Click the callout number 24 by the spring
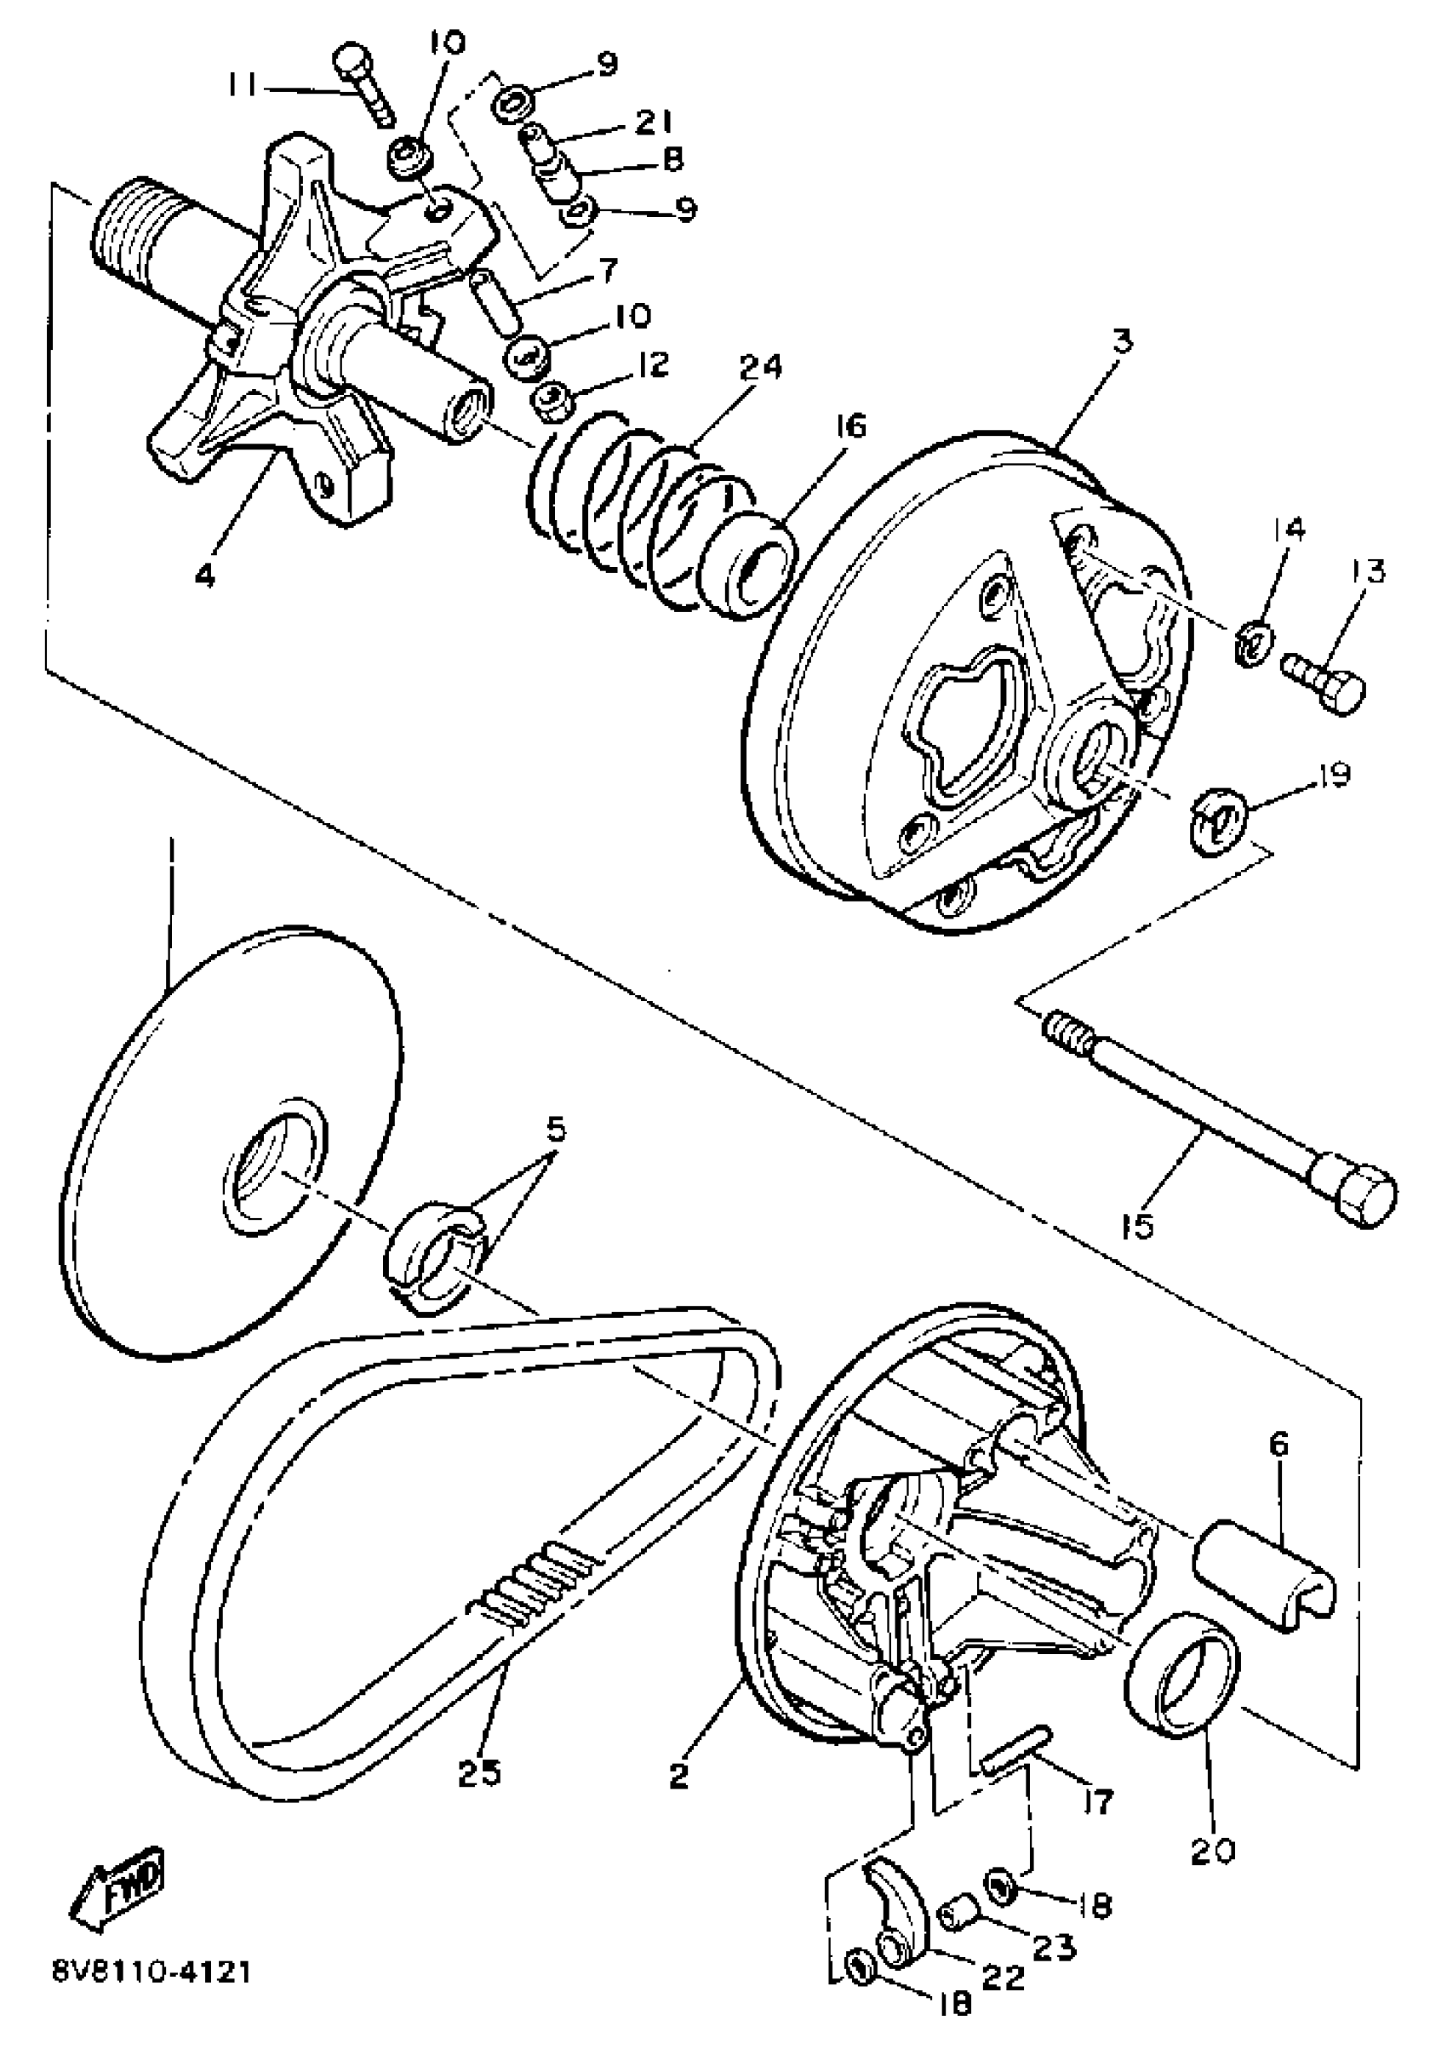(759, 367)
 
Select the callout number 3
(1121, 341)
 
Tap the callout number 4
(205, 575)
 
